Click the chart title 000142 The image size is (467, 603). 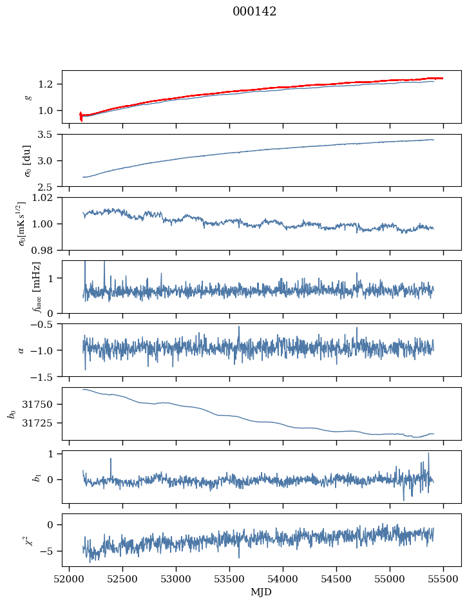[254, 12]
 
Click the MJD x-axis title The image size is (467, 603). [262, 592]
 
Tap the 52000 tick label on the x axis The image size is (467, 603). [69, 580]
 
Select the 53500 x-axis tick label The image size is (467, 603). [229, 580]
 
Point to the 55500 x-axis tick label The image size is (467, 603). [443, 580]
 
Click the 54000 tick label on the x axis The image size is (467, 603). [283, 580]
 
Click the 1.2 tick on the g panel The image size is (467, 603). [45, 84]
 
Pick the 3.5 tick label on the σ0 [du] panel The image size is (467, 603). [45, 134]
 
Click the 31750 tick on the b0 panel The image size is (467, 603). [37, 405]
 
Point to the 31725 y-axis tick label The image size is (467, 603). [37, 423]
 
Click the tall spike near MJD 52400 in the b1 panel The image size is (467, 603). [111, 459]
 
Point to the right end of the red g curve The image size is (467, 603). [443, 79]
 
